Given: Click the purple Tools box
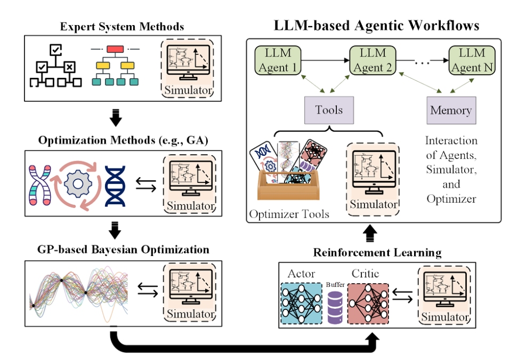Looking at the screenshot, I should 328,110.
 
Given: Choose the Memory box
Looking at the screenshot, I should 451,110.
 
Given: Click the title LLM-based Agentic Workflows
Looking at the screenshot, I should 376,25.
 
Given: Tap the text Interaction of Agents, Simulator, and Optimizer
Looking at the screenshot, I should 451,170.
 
